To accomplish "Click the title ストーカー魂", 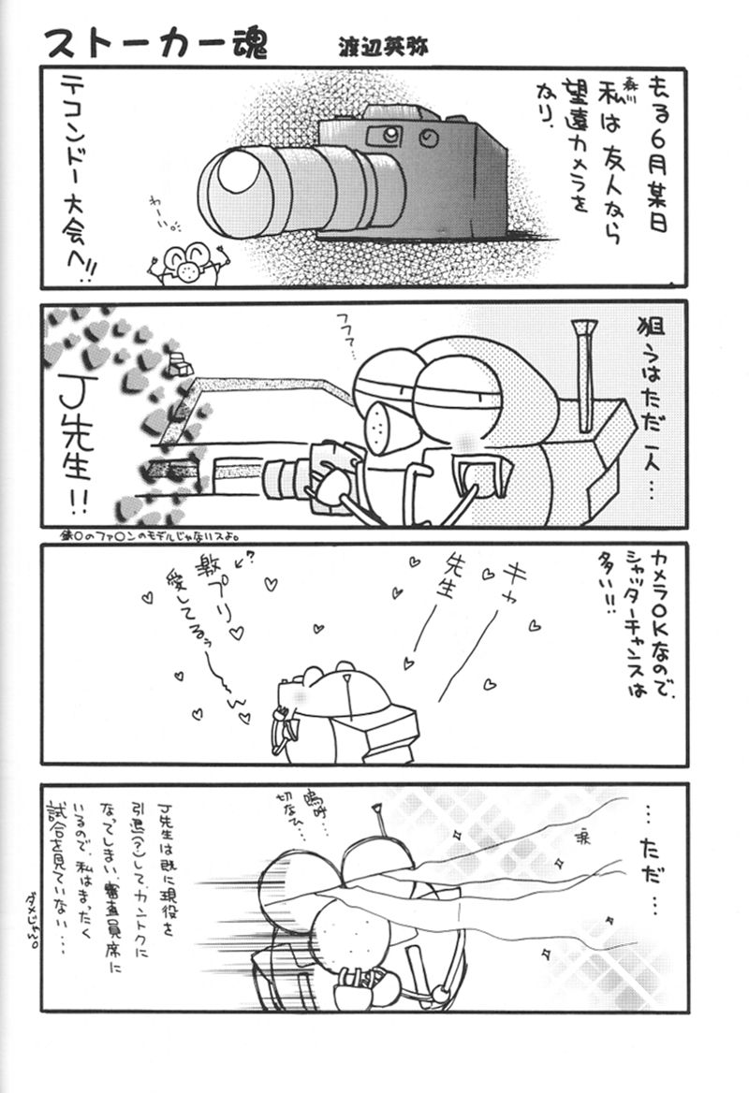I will [154, 42].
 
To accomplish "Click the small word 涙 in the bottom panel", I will [580, 831].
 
